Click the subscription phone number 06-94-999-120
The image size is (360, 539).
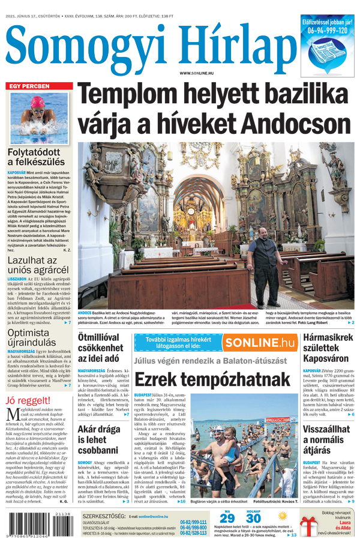(x=328, y=30)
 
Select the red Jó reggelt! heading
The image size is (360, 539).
(x=28, y=401)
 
